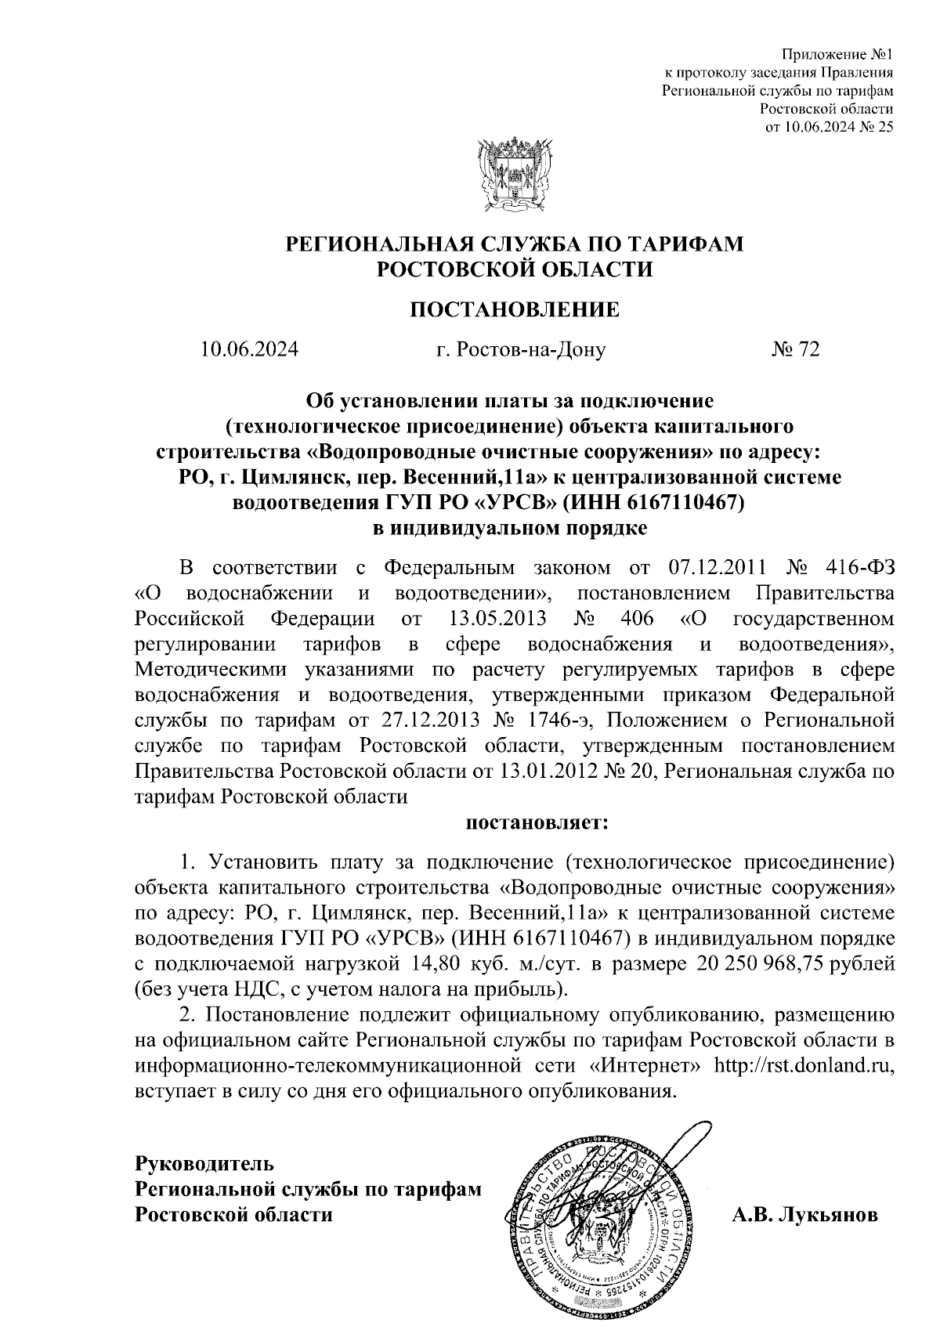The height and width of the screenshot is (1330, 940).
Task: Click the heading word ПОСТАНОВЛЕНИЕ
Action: pyautogui.click(x=515, y=310)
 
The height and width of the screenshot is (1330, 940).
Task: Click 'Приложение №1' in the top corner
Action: pyautogui.click(x=838, y=55)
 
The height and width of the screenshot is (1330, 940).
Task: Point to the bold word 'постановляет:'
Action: pyautogui.click(x=537, y=823)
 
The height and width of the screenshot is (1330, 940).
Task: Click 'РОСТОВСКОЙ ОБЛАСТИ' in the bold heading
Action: pyautogui.click(x=515, y=270)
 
